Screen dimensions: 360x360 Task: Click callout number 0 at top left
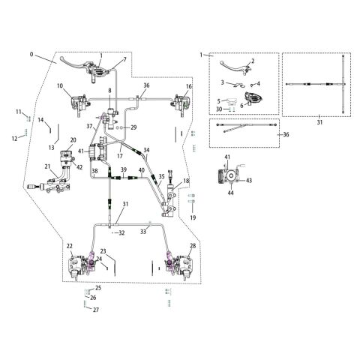(x=31, y=55)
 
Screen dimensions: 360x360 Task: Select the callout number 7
(x=124, y=59)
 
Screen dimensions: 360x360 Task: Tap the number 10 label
(x=59, y=86)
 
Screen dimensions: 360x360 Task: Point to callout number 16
(x=189, y=87)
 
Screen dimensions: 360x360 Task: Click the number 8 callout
(x=109, y=91)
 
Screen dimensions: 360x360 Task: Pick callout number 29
(x=133, y=128)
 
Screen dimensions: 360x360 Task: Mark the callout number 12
(x=14, y=138)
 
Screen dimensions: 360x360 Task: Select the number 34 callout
(x=147, y=150)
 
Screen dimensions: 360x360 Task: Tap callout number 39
(x=124, y=171)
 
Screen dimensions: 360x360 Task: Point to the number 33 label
(x=142, y=232)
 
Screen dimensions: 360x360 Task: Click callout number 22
(x=69, y=246)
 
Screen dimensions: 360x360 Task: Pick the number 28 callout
(x=193, y=246)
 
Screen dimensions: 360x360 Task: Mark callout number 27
(x=95, y=310)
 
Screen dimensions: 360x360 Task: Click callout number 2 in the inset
(x=253, y=61)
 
